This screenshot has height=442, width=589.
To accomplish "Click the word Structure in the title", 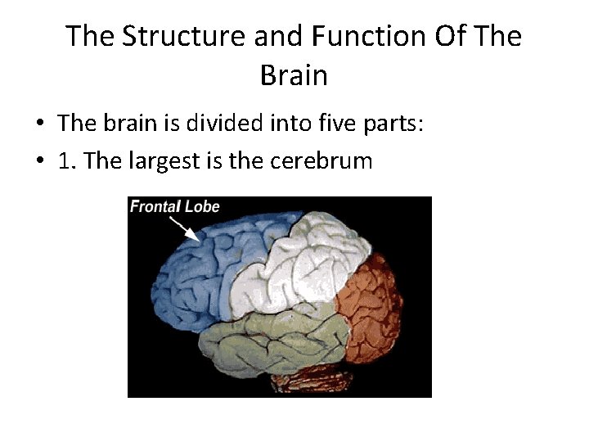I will pos(169,37).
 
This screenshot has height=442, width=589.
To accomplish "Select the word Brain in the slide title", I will pos(294,76).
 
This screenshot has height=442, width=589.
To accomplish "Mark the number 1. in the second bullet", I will pos(68,160).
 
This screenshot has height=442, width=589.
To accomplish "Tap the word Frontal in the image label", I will pos(155,206).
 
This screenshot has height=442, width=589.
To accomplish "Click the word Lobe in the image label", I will pos(203,206).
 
